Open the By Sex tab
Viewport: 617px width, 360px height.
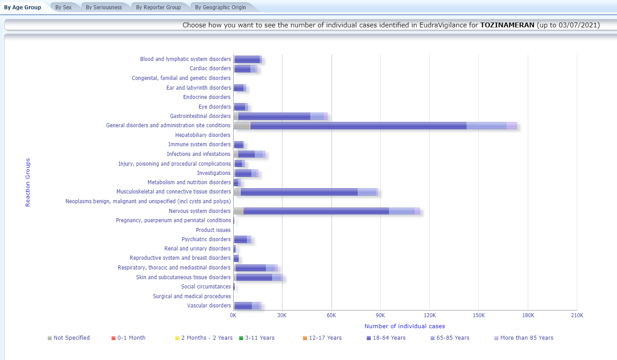(64, 8)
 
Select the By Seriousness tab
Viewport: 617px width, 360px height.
(104, 8)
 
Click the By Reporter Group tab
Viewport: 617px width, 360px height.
(158, 8)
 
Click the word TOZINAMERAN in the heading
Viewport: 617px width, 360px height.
(507, 25)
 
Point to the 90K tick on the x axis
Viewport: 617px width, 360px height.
(380, 315)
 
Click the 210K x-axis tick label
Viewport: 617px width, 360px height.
(577, 315)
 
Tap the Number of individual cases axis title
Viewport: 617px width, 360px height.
(405, 326)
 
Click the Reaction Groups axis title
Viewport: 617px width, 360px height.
(28, 182)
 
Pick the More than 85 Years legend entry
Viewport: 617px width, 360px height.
(526, 338)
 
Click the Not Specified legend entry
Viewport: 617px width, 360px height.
(71, 338)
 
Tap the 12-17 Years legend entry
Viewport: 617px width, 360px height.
(325, 338)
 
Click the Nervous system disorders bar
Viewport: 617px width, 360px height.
(316, 211)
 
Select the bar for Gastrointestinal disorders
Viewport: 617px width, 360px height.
(274, 116)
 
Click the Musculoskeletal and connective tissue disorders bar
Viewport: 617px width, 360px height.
(299, 192)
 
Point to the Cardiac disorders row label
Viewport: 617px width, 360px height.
(210, 68)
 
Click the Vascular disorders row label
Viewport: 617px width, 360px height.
(209, 306)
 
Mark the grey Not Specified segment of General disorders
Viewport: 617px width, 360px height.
(242, 125)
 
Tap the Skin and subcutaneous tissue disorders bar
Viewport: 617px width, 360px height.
(254, 277)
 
